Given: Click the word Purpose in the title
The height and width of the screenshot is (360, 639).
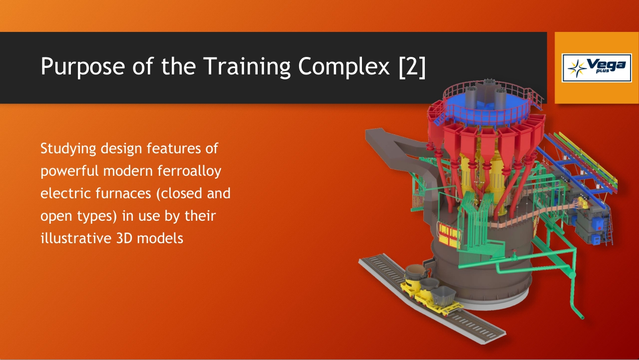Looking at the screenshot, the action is (x=83, y=66).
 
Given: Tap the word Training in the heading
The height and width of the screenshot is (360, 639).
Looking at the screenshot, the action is (x=247, y=66).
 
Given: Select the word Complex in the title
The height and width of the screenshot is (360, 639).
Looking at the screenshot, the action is (x=344, y=66).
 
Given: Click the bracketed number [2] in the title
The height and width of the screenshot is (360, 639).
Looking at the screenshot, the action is (x=412, y=66).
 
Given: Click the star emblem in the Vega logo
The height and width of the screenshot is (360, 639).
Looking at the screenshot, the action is (x=577, y=68).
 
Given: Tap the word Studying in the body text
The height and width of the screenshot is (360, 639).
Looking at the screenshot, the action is (x=68, y=149).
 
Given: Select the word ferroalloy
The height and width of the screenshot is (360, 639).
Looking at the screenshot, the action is (x=189, y=171).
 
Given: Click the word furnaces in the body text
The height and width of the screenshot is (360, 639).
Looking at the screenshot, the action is (x=123, y=193).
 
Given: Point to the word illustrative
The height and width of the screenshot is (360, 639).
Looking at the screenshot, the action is (x=76, y=238).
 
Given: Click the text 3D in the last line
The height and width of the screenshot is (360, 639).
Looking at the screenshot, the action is (x=124, y=239).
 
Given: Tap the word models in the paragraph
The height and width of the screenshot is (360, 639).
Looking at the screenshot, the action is (x=160, y=238).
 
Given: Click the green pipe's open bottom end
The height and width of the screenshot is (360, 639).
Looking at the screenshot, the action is (x=582, y=317).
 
